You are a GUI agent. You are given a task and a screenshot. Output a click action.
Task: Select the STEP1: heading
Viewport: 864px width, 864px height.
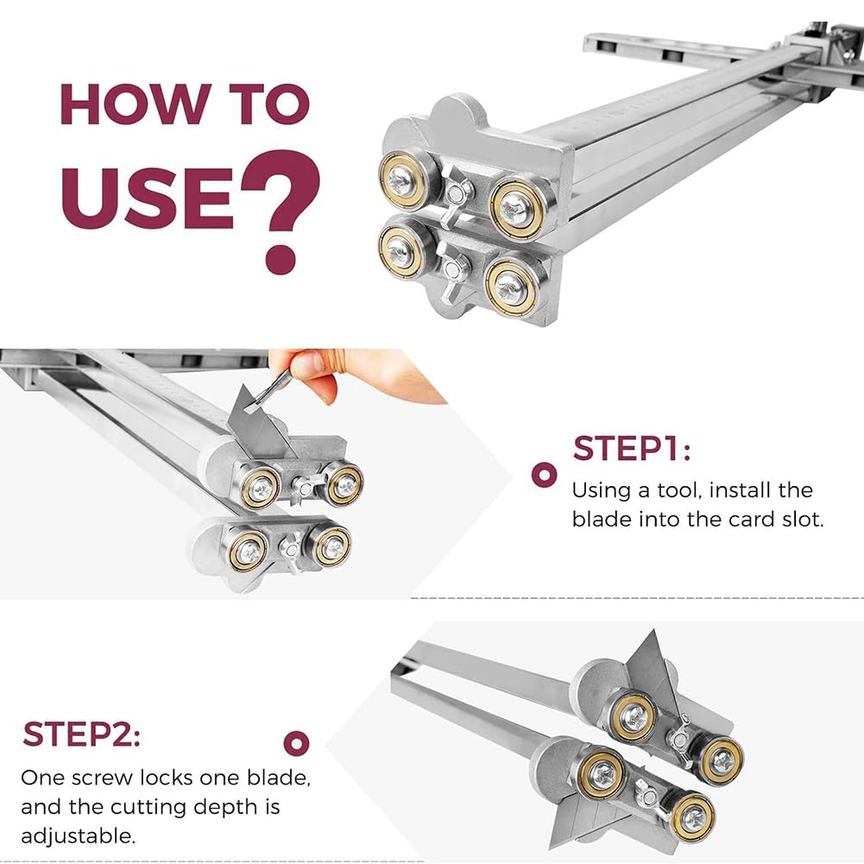point(632,449)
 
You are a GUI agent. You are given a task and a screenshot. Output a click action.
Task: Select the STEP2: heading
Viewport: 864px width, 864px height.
point(81,735)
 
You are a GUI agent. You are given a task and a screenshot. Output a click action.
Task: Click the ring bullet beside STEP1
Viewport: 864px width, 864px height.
point(544,475)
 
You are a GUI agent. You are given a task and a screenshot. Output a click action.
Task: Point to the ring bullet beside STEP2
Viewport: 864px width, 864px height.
point(296,743)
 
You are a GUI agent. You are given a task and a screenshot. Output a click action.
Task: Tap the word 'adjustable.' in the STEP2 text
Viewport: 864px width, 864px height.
point(79,836)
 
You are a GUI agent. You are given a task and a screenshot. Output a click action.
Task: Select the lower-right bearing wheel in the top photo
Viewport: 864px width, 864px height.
point(510,286)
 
